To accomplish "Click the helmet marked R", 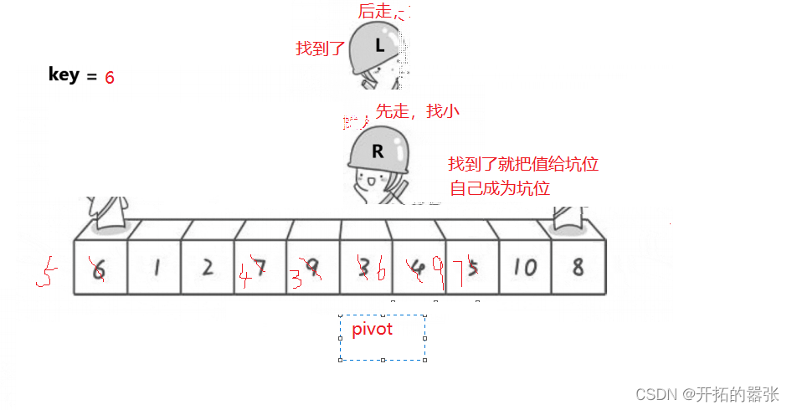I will pos(378,150).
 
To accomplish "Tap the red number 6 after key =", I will pos(110,77).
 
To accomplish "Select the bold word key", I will pos(64,74).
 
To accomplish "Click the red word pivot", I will pos(372,329).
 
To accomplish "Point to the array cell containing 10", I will pos(524,267).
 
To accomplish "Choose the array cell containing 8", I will pos(577,267).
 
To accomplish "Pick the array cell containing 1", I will pos(155,267).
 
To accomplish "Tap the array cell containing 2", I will pos(207,267).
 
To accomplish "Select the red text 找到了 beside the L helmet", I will pos(320,49).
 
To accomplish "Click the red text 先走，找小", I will pos(417,110).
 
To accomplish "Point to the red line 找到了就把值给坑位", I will pos(523,164).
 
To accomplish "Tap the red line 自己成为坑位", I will pos(500,188).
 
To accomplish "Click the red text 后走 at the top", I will pos(374,11).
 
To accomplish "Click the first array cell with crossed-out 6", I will pos(100,267).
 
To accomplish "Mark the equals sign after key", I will pos(91,77).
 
